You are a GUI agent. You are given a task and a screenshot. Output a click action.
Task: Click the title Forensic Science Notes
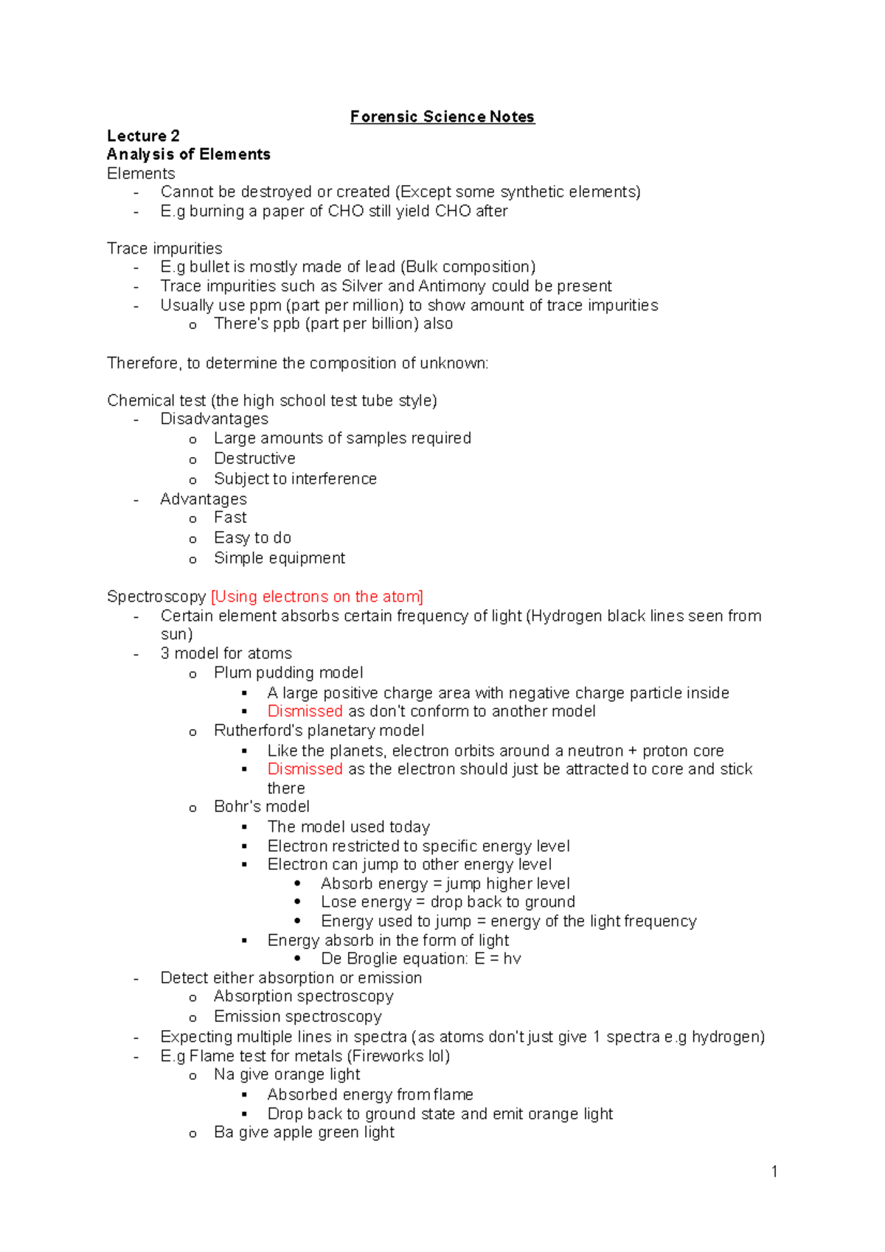pyautogui.click(x=442, y=116)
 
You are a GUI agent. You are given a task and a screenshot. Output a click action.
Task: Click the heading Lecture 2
pyautogui.click(x=143, y=136)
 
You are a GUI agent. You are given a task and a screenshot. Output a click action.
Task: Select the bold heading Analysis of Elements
pyautogui.click(x=188, y=154)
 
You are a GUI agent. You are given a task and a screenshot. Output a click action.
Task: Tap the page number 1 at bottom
pyautogui.click(x=774, y=1172)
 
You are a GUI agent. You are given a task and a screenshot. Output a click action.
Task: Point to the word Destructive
pyautogui.click(x=254, y=459)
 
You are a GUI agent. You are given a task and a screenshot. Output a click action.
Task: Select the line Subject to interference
pyautogui.click(x=295, y=479)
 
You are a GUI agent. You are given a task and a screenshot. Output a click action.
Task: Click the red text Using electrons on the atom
pyautogui.click(x=317, y=597)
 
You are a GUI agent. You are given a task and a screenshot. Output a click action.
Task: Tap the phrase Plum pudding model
pyautogui.click(x=288, y=673)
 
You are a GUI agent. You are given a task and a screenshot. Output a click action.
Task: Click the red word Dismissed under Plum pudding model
pyautogui.click(x=305, y=712)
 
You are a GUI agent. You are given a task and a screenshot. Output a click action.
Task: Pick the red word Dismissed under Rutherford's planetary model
pyautogui.click(x=305, y=769)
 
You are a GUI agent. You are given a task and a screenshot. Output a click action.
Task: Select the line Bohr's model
pyautogui.click(x=262, y=807)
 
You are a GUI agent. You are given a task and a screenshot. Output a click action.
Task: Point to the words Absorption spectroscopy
pyautogui.click(x=303, y=997)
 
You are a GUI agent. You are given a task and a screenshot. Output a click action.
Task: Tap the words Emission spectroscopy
pyautogui.click(x=297, y=1017)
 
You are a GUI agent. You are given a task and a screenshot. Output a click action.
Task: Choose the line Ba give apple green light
pyautogui.click(x=304, y=1133)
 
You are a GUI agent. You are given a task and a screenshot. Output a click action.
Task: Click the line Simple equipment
pyautogui.click(x=279, y=558)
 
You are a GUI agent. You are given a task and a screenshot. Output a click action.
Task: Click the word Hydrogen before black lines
pyautogui.click(x=566, y=616)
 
